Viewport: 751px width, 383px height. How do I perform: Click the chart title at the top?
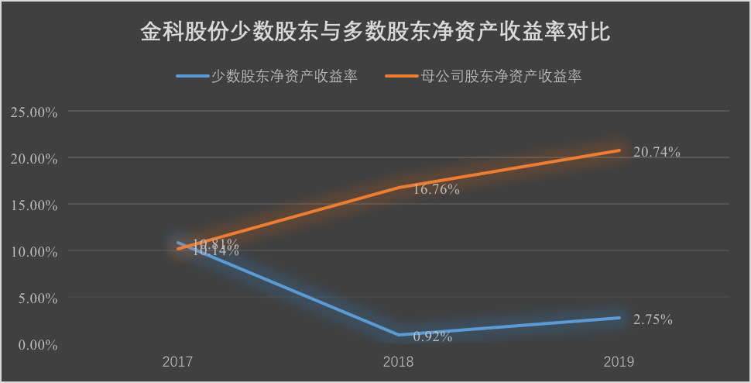click(375, 33)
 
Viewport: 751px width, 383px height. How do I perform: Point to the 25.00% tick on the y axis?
click(34, 112)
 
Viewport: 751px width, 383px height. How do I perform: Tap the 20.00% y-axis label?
click(34, 158)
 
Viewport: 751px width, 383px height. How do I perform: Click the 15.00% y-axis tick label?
click(34, 205)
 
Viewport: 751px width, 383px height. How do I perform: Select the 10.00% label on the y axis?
click(34, 251)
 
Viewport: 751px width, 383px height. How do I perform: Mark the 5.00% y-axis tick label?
click(36, 298)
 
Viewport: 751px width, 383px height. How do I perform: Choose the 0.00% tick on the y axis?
click(36, 344)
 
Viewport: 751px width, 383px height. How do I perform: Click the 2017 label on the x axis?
click(177, 362)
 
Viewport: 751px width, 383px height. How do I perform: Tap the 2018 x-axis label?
click(398, 362)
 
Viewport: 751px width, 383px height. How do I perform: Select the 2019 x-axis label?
click(619, 362)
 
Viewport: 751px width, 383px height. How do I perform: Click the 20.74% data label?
click(657, 153)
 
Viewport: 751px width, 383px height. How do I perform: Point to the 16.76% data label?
click(437, 189)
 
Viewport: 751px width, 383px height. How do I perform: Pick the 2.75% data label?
click(653, 319)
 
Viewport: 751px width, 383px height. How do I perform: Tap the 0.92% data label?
click(433, 336)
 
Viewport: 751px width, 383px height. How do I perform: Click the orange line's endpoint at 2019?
click(619, 150)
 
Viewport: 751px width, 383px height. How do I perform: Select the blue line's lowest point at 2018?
click(398, 335)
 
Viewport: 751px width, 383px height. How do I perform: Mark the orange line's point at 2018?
click(398, 188)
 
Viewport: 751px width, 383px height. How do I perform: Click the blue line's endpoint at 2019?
click(619, 318)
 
